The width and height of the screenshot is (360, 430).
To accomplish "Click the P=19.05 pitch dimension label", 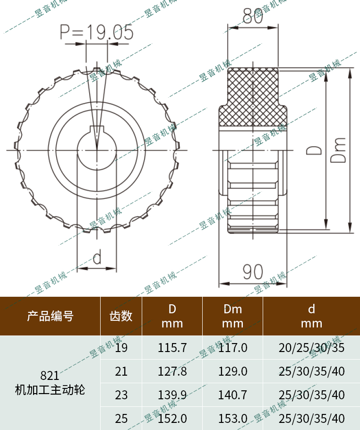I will point(96,32).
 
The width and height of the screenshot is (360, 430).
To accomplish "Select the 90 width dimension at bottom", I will point(253,272).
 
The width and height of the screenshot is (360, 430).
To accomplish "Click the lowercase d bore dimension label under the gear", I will point(97,258).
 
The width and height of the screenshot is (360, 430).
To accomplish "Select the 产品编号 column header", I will point(50,316).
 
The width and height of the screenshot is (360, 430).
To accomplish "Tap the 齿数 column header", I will point(121,316).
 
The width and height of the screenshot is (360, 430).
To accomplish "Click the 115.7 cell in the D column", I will point(172,348).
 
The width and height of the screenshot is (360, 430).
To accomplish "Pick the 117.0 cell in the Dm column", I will point(232,348).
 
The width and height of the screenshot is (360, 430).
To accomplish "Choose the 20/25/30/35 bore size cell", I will point(311,348).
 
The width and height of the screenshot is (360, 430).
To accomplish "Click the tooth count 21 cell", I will point(121,371).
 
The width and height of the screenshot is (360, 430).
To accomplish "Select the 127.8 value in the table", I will point(172,371).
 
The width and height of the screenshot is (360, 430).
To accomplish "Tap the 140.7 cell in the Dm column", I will point(232,395).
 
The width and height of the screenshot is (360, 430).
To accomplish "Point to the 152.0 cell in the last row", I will point(172,418).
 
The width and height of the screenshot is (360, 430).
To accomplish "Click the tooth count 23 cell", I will point(121,395).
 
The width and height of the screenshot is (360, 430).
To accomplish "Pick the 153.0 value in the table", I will point(232,418).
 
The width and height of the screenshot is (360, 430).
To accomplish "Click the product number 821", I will point(50,376).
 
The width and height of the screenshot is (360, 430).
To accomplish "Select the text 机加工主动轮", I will point(50,390).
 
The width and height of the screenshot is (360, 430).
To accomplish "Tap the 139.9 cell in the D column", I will point(172,395).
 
